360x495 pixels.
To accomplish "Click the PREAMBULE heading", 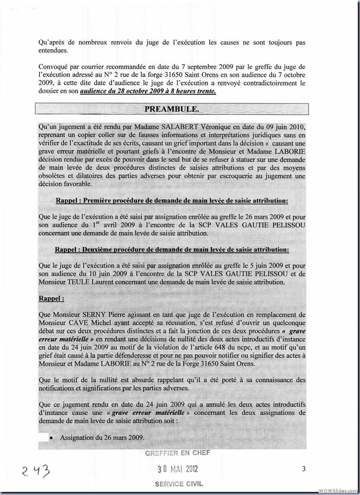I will tap(171, 109).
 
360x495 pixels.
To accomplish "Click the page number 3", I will tap(304, 469).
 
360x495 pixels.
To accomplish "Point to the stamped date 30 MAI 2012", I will tap(177, 469).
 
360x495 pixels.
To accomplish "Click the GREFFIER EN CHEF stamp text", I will tap(177, 453).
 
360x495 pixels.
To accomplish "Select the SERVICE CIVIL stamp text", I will tap(179, 484).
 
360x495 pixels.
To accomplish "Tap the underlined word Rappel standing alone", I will tap(51, 298).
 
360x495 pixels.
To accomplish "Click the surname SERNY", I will tap(93, 314).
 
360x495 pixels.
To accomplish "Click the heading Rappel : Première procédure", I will tap(172, 201).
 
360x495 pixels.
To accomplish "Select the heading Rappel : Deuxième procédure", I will tap(172, 249).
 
